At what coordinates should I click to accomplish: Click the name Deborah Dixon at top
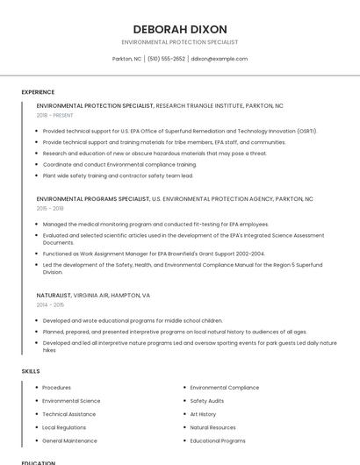coord(179,29)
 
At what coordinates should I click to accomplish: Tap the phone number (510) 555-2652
coord(166,59)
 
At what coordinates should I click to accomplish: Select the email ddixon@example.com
coord(219,59)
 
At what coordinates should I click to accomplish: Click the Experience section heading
coord(38,92)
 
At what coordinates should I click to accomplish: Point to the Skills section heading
coord(31,371)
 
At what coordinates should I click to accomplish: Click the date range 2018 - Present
coord(54,115)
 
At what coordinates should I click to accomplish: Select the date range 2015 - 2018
coord(50,209)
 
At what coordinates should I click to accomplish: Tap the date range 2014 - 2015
coord(50,304)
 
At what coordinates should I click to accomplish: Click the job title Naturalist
coord(53,296)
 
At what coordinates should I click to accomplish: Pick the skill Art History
coord(203,414)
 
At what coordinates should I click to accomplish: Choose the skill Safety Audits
coord(207,401)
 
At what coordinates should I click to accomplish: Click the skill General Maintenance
coord(69,440)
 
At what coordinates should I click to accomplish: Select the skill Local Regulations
coord(64,427)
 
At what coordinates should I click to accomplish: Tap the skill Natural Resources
coord(212,427)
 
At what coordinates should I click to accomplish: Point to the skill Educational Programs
coord(217,440)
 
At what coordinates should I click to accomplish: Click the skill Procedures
coord(56,388)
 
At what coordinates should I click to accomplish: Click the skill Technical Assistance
coord(68,414)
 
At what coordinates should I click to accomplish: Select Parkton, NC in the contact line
coord(126,59)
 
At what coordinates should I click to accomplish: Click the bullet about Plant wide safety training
coord(118,175)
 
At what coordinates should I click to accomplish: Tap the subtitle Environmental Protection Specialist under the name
coord(179,42)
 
